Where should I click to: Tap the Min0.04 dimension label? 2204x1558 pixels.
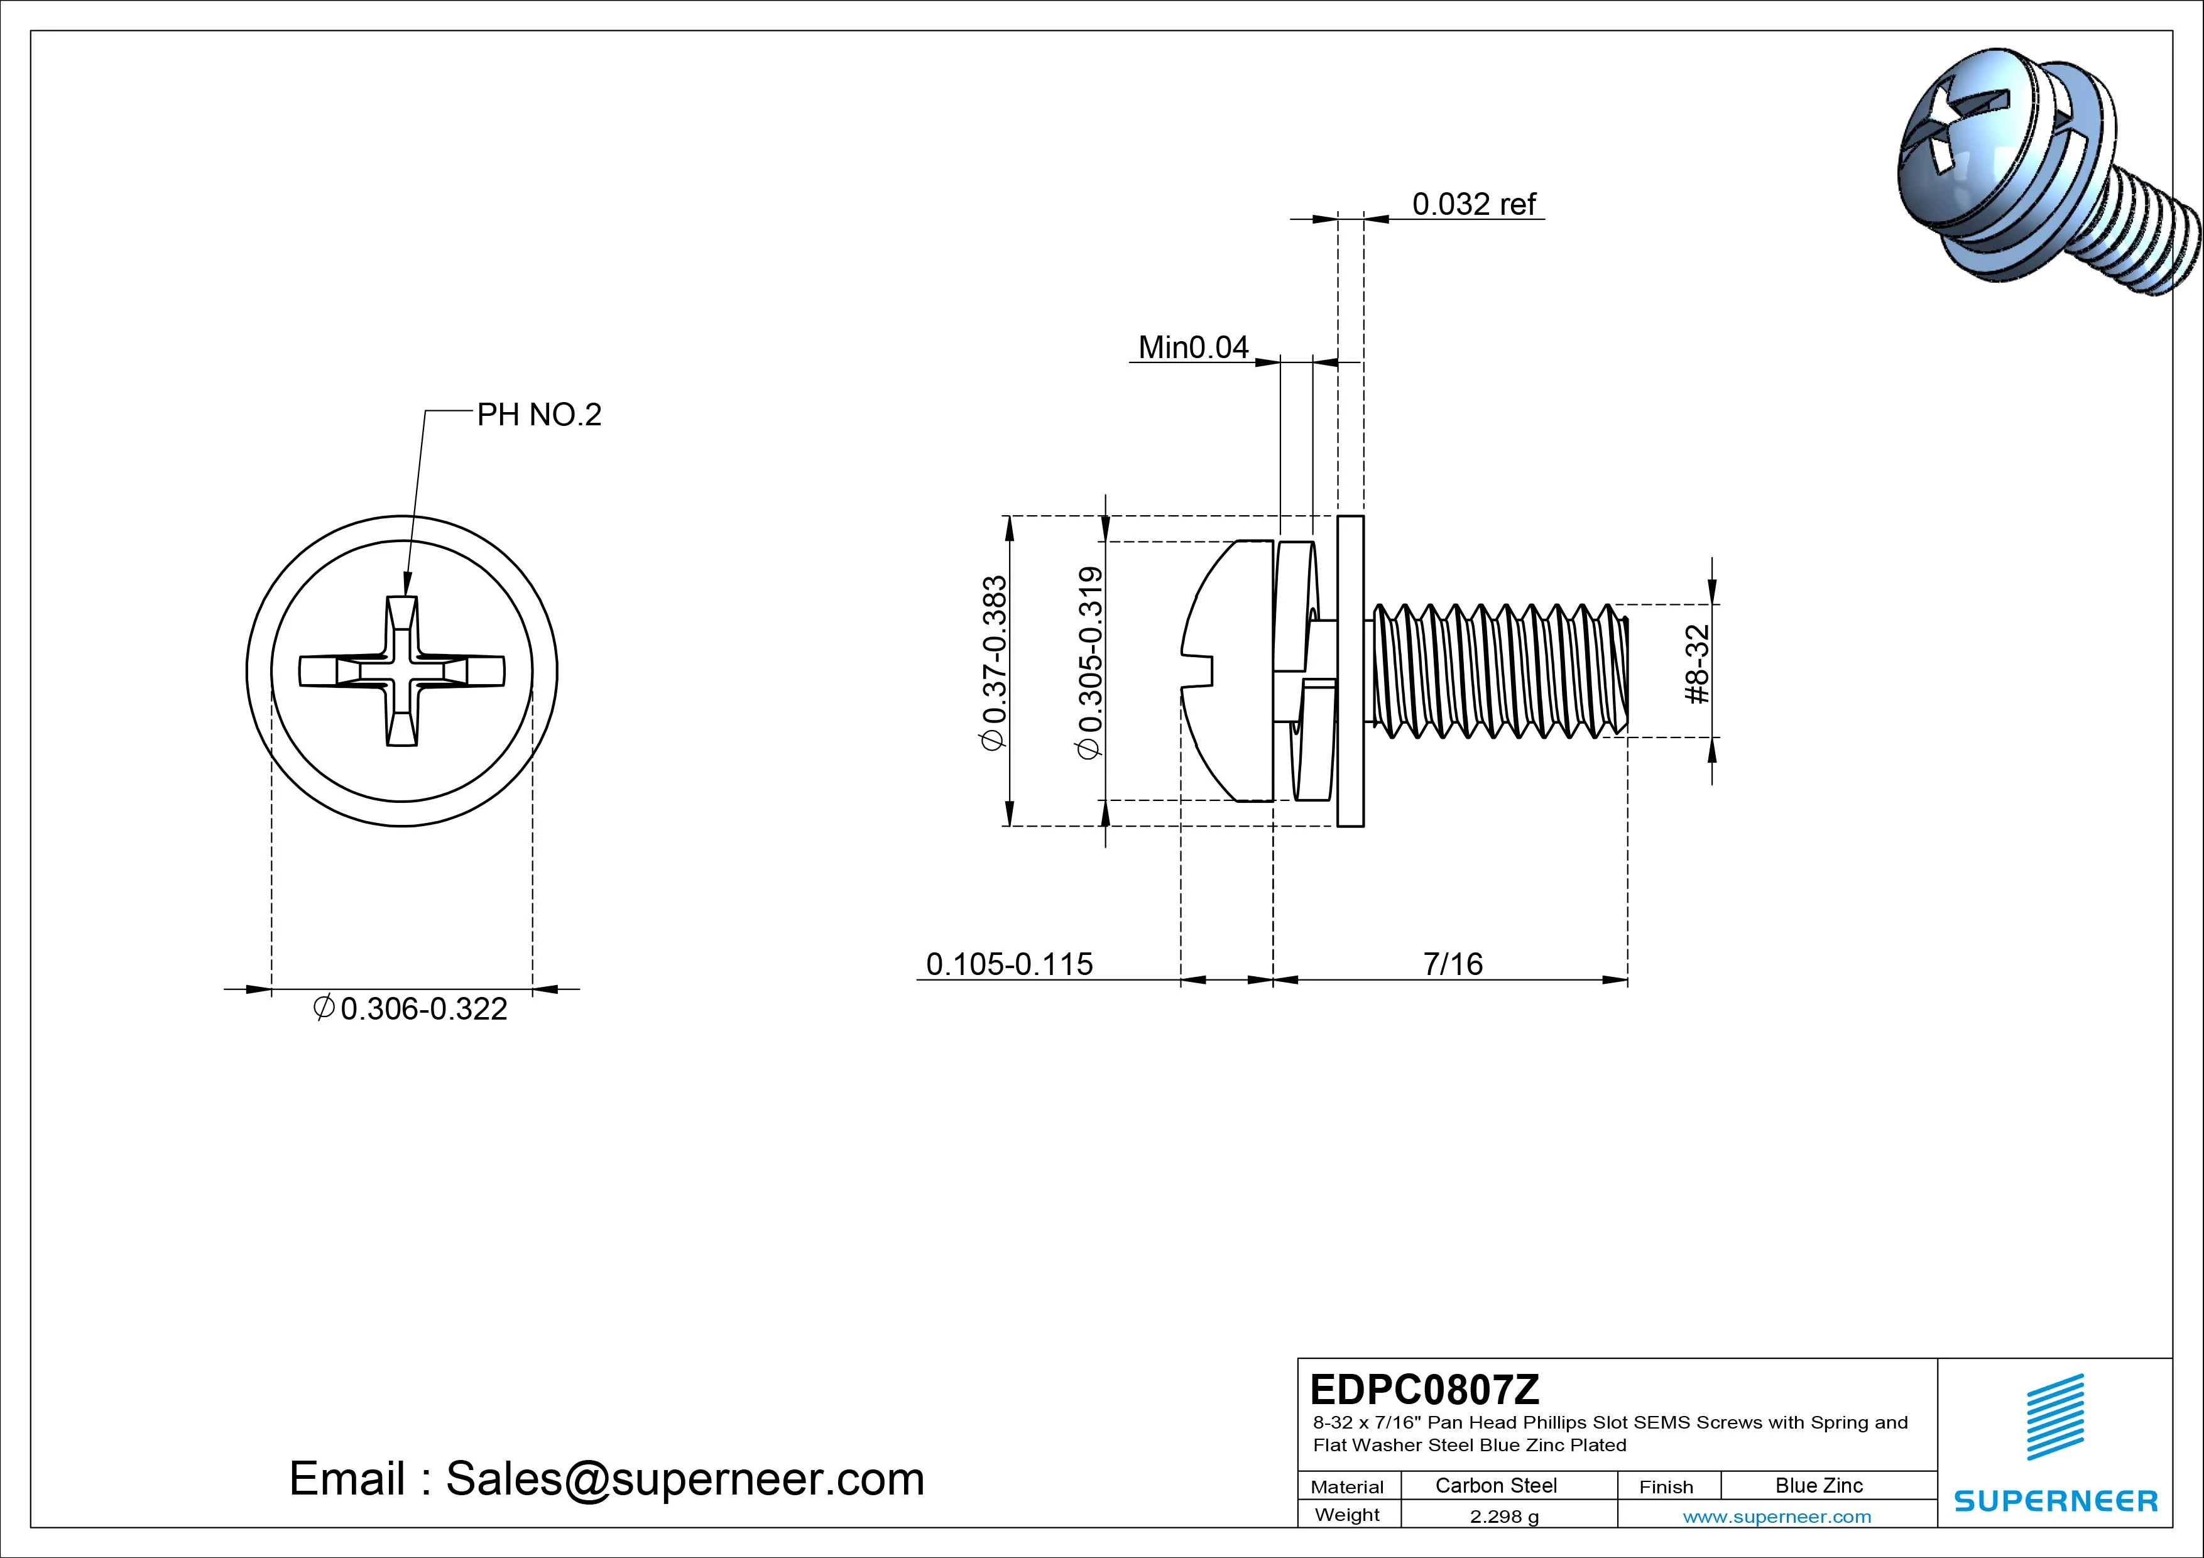(x=1193, y=347)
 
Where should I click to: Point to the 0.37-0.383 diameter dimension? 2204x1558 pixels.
(x=995, y=662)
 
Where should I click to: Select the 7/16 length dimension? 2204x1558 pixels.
(x=1453, y=963)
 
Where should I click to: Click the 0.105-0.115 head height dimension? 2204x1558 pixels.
(x=1009, y=963)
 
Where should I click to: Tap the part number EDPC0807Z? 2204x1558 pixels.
(x=1424, y=1388)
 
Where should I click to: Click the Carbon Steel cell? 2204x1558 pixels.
(x=1495, y=1485)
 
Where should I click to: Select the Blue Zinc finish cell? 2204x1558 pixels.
(x=1818, y=1485)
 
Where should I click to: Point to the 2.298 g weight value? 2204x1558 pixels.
(x=1503, y=1517)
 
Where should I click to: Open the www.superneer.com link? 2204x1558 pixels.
(x=1777, y=1517)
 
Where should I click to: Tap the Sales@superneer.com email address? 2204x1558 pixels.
(x=684, y=1479)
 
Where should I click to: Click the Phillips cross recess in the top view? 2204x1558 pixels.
(x=402, y=670)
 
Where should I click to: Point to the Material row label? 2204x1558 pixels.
(x=1347, y=1487)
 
